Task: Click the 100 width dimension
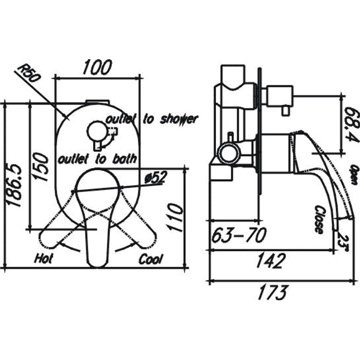97,67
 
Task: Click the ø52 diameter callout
156,177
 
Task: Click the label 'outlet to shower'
151,119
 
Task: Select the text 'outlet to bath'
97,159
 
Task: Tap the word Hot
44,259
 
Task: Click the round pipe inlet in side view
228,152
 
